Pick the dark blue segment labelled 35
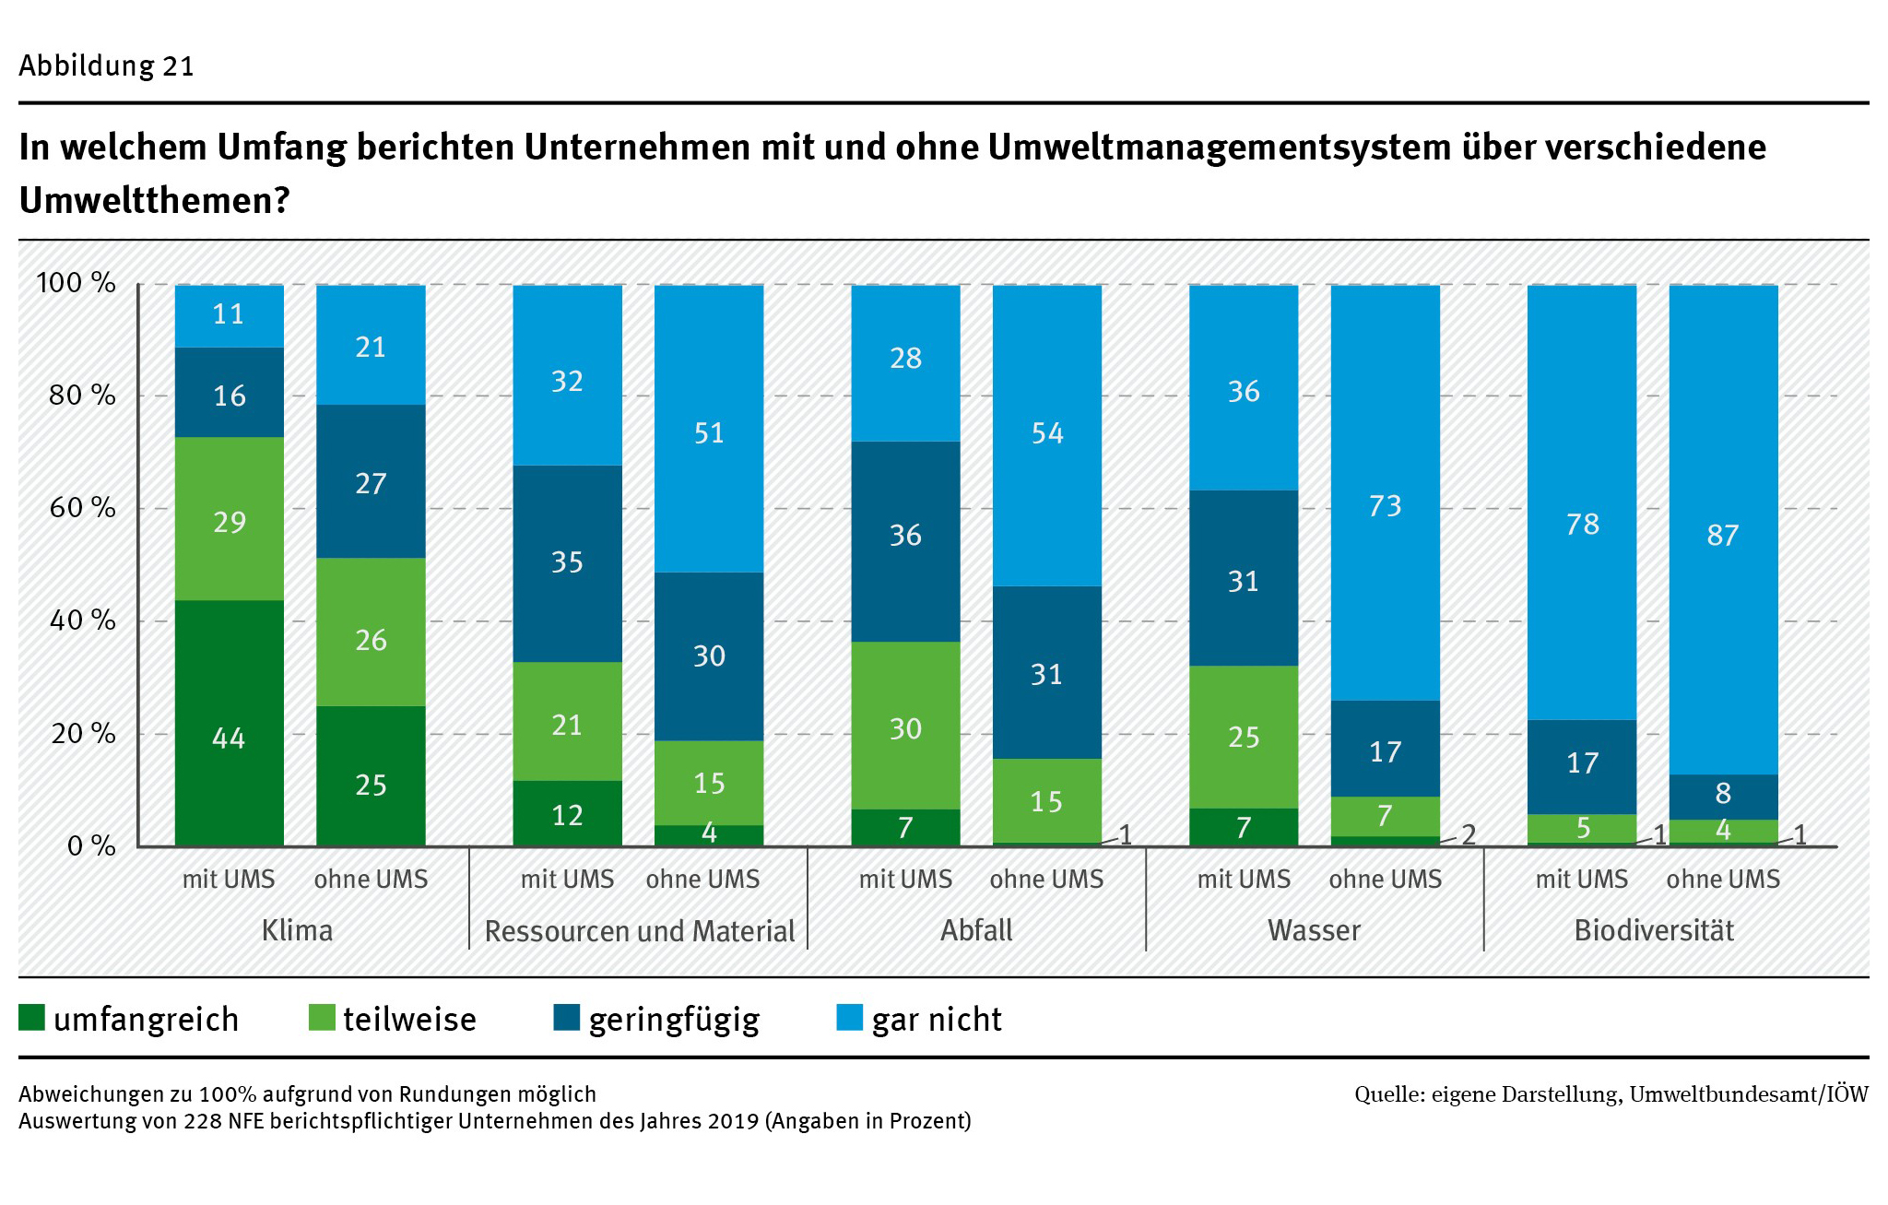tap(567, 563)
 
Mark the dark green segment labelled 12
tap(567, 813)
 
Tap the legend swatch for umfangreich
tap(31, 1018)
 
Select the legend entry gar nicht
tap(936, 1019)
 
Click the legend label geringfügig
tap(674, 1019)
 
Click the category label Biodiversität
tap(1653, 930)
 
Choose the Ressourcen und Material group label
tap(639, 931)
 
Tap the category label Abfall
tap(976, 930)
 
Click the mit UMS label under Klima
tap(229, 879)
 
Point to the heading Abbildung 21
tap(106, 66)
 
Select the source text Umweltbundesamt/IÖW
tap(1748, 1094)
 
